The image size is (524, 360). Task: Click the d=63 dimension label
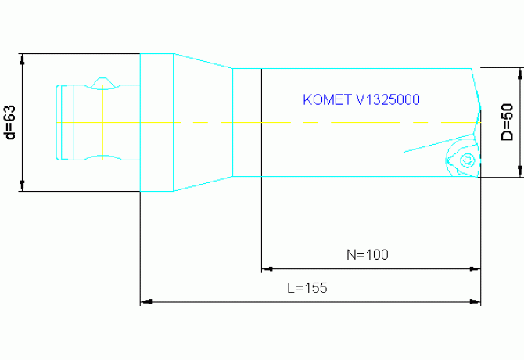click(x=10, y=121)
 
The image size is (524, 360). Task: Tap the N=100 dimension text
click(x=367, y=254)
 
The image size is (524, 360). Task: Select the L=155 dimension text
click(x=307, y=287)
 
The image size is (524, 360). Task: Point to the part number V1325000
click(x=388, y=100)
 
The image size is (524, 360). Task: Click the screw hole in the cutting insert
click(x=468, y=160)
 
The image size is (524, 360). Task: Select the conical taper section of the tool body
click(x=203, y=122)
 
